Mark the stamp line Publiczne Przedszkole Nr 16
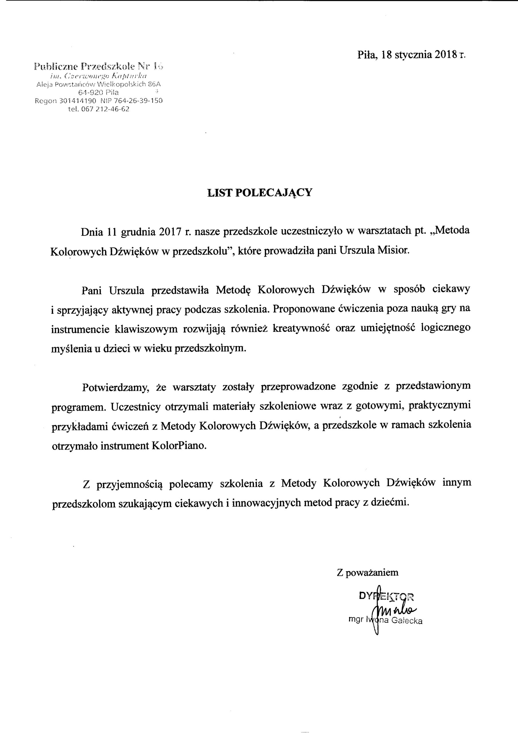[x=99, y=66]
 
